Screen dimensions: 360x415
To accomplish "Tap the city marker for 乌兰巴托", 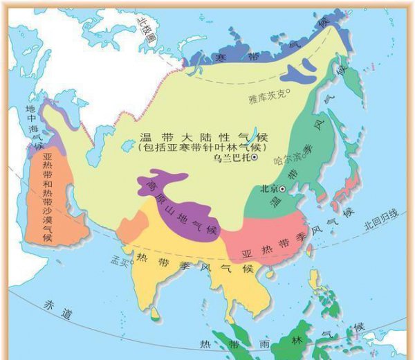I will [x=254, y=159].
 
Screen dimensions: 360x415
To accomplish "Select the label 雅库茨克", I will [x=266, y=98].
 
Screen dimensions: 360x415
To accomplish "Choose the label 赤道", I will [x=57, y=312].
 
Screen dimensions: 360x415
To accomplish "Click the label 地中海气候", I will [x=33, y=128].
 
